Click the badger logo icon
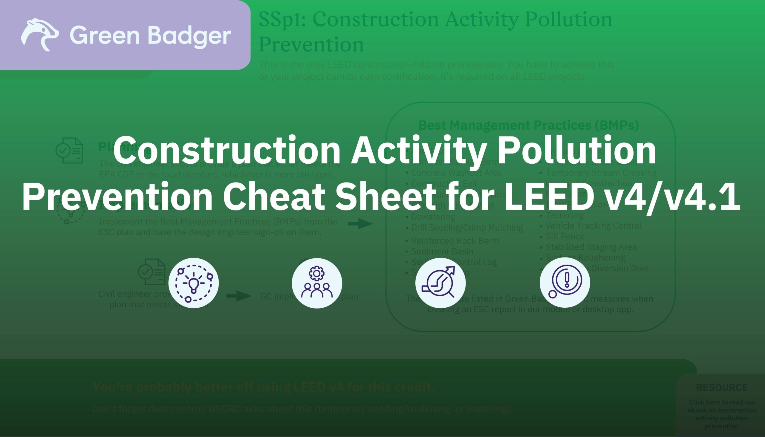coord(40,35)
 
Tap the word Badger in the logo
coord(189,36)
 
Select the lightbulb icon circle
coord(193,283)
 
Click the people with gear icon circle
coord(317,283)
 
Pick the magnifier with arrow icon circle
coord(440,283)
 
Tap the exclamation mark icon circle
coord(565,283)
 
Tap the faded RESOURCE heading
coord(722,387)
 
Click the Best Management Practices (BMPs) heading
coord(528,125)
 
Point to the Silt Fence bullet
coord(565,237)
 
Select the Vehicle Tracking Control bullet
coord(593,226)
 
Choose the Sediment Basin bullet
coord(442,252)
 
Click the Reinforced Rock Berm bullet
coord(455,241)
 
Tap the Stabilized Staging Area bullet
coord(591,247)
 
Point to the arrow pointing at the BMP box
coord(360,224)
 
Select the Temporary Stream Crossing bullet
coord(601,173)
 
